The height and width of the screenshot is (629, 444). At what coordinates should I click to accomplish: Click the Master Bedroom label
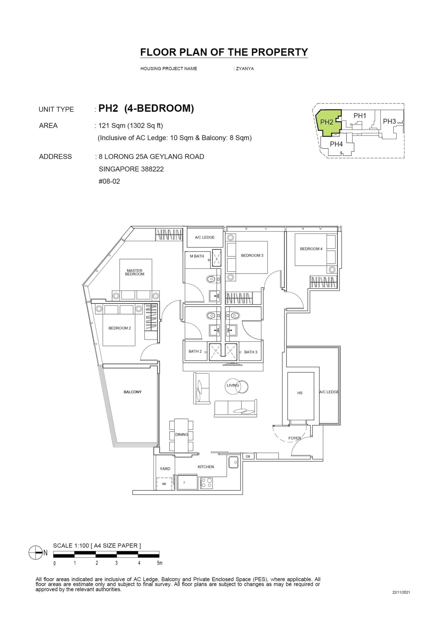pyautogui.click(x=135, y=272)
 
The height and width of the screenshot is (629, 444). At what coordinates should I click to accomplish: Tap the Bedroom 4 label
pyautogui.click(x=311, y=249)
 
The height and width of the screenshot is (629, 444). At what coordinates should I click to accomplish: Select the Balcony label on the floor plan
pyautogui.click(x=132, y=392)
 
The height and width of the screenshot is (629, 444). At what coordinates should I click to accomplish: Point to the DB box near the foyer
pyautogui.click(x=248, y=456)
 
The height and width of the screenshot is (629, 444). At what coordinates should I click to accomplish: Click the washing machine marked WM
pyautogui.click(x=164, y=484)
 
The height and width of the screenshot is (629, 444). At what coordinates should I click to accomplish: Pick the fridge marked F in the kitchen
pyautogui.click(x=185, y=483)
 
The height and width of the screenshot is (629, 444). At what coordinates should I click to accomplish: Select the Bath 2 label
pyautogui.click(x=195, y=351)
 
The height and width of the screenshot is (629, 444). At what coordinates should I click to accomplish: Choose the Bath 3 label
pyautogui.click(x=251, y=352)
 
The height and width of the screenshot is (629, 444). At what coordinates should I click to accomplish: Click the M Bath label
pyautogui.click(x=197, y=256)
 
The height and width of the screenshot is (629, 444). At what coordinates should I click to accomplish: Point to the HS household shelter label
pyautogui.click(x=300, y=393)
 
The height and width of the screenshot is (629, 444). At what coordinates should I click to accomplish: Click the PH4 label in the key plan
pyautogui.click(x=336, y=144)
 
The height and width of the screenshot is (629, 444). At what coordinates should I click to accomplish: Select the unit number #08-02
pyautogui.click(x=109, y=181)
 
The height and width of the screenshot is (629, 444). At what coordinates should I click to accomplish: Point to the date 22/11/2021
pyautogui.click(x=401, y=592)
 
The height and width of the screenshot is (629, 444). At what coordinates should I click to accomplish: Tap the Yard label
pyautogui.click(x=165, y=468)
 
